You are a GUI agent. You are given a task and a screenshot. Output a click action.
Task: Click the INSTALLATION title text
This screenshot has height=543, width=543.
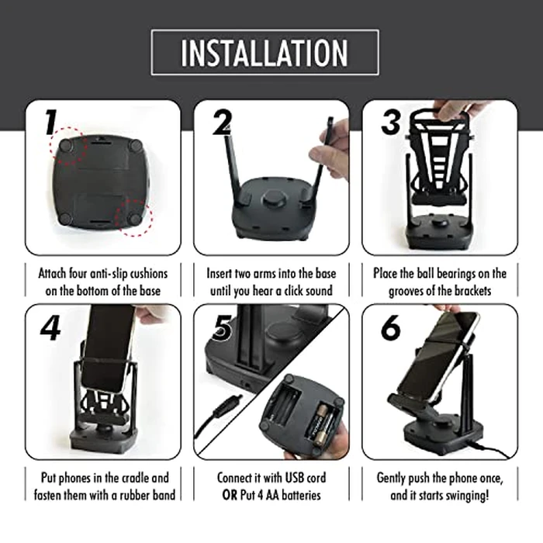point(265,52)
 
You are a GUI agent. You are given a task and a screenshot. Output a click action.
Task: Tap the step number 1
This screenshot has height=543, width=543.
point(49,123)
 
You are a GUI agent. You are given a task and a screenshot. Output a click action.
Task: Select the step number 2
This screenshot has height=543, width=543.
point(221,123)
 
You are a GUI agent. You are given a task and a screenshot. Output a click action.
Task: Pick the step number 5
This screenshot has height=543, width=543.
point(223,328)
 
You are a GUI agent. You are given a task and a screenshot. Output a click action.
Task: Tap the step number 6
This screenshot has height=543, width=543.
point(390,328)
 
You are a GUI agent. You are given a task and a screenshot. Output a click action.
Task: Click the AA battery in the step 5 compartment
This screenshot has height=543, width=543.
point(320,426)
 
